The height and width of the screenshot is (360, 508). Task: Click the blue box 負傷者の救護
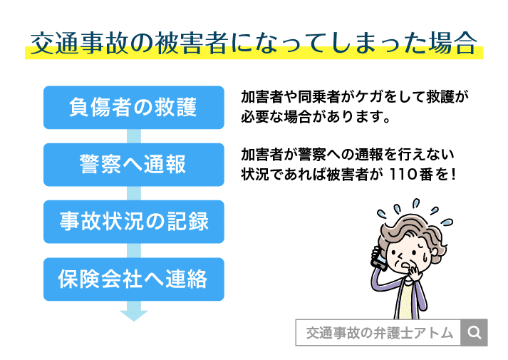[x=133, y=108]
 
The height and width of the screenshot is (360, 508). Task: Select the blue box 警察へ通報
[x=133, y=165]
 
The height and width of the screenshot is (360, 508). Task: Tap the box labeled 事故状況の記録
[x=133, y=222]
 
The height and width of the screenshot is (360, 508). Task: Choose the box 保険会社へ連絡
[x=133, y=279]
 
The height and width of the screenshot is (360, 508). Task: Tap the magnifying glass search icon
[x=475, y=332]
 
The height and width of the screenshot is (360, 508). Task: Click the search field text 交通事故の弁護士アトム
[x=378, y=332]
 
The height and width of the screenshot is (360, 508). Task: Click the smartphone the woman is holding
[x=378, y=257]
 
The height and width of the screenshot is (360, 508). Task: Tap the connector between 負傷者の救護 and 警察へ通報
[x=133, y=136]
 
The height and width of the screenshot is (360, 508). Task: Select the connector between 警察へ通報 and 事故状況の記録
[x=133, y=193]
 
